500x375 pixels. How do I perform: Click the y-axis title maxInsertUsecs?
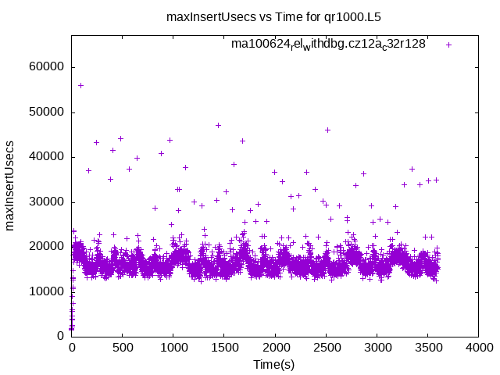(x=11, y=186)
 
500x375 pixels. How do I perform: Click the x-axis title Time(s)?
(x=274, y=364)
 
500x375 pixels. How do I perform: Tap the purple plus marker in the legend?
(x=448, y=45)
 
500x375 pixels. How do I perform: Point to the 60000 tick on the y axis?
(x=47, y=67)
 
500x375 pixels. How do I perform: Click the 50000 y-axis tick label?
(x=47, y=112)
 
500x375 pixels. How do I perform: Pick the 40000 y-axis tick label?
(x=47, y=157)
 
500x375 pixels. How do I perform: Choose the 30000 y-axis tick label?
(x=47, y=202)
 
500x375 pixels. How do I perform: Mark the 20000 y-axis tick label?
(x=47, y=247)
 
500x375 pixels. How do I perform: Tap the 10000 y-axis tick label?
(x=47, y=291)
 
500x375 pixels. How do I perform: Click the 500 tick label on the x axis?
(x=123, y=348)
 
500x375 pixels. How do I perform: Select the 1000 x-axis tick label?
(x=173, y=348)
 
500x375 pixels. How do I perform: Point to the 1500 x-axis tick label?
(x=224, y=348)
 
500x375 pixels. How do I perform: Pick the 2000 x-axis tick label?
(x=275, y=348)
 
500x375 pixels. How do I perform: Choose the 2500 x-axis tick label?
(x=326, y=348)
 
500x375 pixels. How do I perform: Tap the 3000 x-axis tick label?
(x=377, y=348)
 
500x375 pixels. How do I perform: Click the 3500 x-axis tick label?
(x=427, y=348)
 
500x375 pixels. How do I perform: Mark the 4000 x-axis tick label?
(x=478, y=348)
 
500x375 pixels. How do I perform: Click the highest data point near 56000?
(x=80, y=85)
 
